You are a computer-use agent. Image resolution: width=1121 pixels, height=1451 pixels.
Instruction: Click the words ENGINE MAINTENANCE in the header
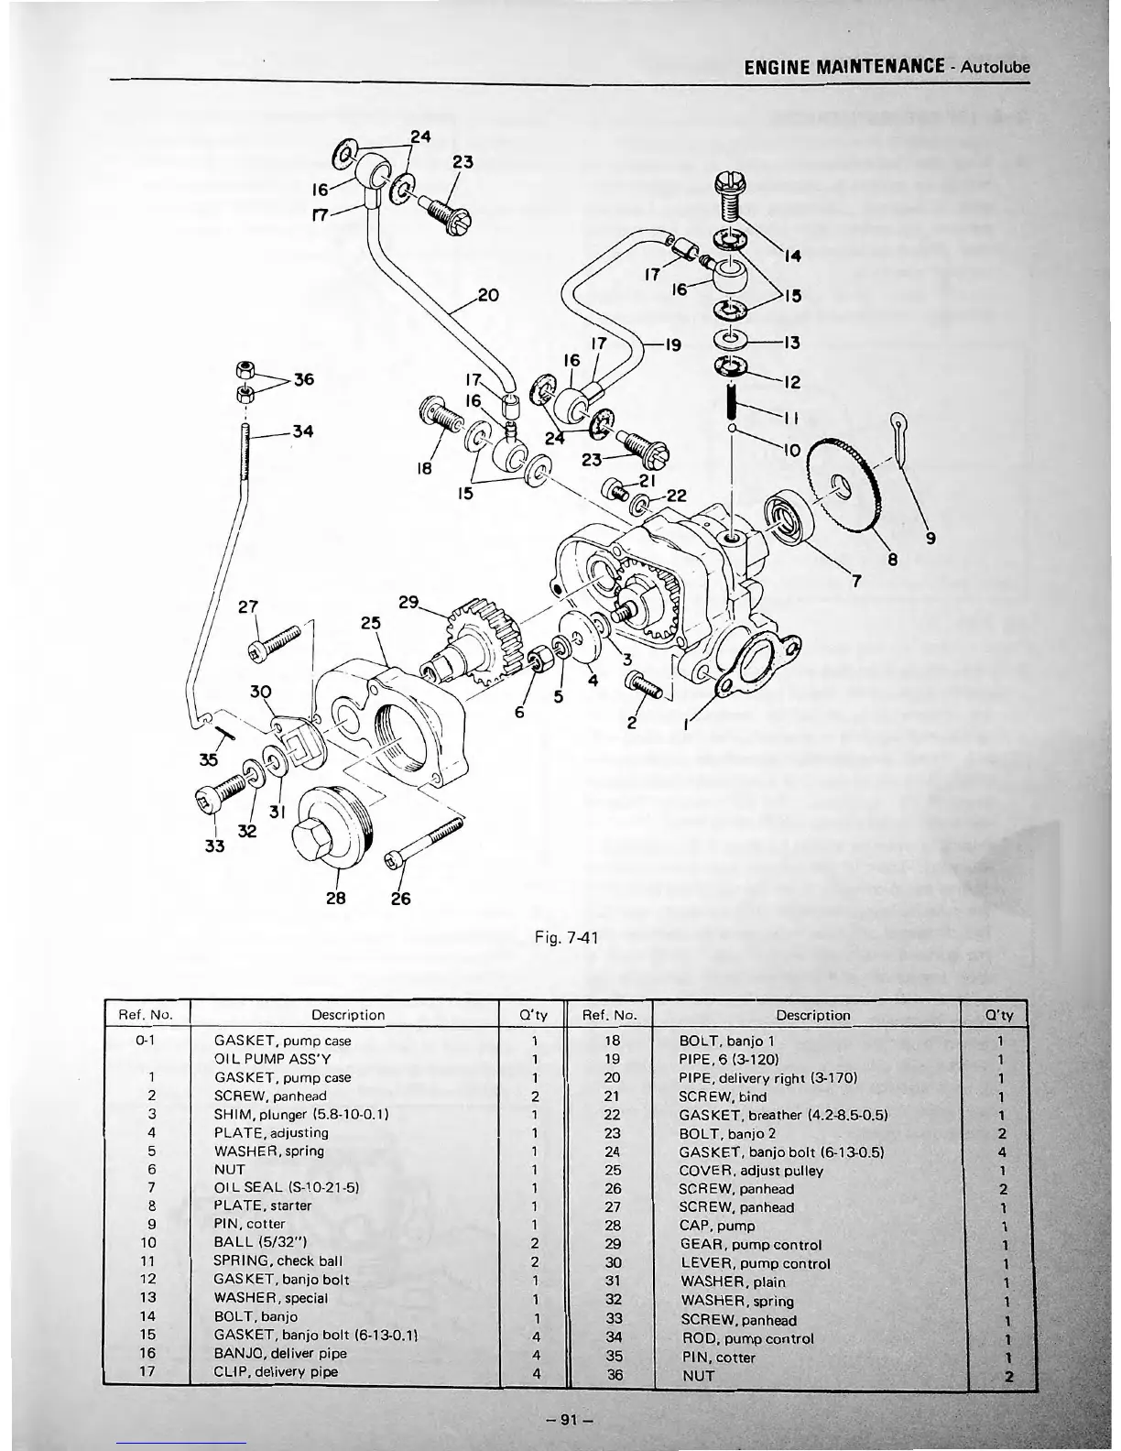843,67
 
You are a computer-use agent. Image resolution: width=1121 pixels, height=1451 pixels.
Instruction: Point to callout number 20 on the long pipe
488,296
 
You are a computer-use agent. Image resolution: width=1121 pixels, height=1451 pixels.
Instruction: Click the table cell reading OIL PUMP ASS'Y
265,1059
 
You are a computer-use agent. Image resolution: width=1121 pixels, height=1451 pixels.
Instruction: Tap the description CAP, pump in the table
717,1226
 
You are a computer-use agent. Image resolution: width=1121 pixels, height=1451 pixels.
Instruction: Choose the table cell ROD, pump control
746,1338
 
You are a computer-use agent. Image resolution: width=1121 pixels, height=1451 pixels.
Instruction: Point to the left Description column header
348,1015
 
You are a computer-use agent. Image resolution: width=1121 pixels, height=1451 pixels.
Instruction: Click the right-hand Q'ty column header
1003,1015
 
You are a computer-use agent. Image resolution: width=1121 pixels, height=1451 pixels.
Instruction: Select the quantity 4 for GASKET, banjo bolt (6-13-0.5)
1004,1152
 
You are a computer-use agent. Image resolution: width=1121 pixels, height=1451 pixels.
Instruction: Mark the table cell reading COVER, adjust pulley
751,1171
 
